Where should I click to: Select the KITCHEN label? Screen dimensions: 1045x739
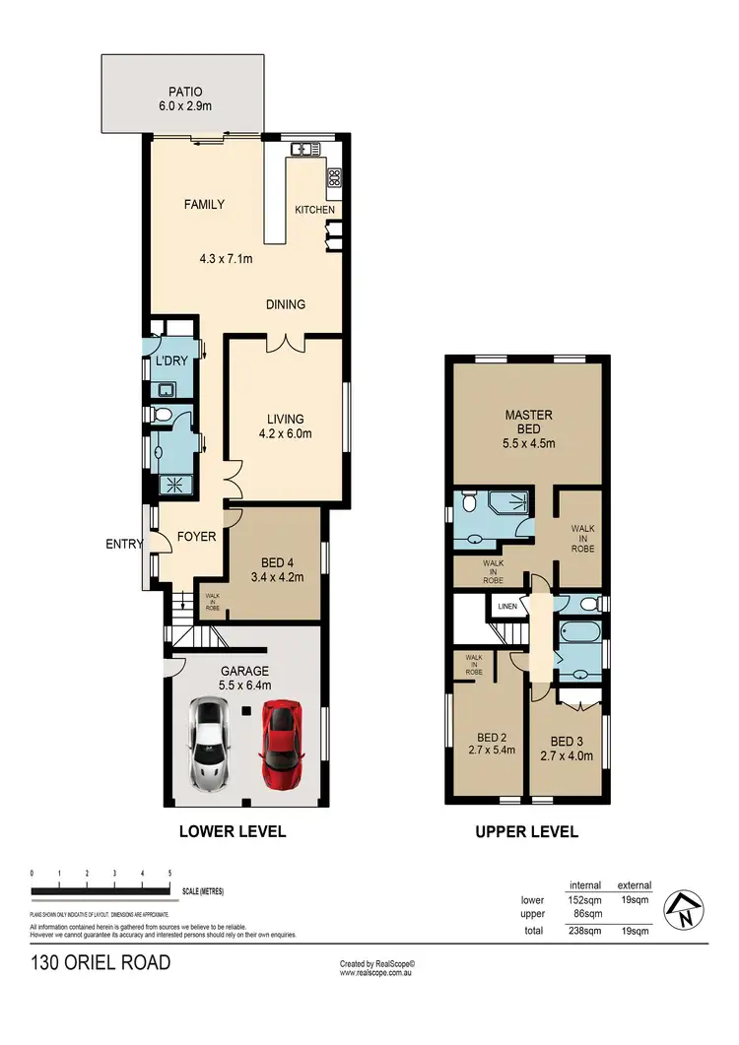pos(314,210)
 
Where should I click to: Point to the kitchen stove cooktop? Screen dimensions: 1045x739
pos(334,178)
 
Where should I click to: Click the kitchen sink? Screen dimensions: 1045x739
pos(302,150)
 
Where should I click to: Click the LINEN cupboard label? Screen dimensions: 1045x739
pos(507,607)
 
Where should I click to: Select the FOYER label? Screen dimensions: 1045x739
pos(196,537)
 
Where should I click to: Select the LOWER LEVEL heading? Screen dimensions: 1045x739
pos(233,831)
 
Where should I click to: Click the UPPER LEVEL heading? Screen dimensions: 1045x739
pos(526,831)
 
